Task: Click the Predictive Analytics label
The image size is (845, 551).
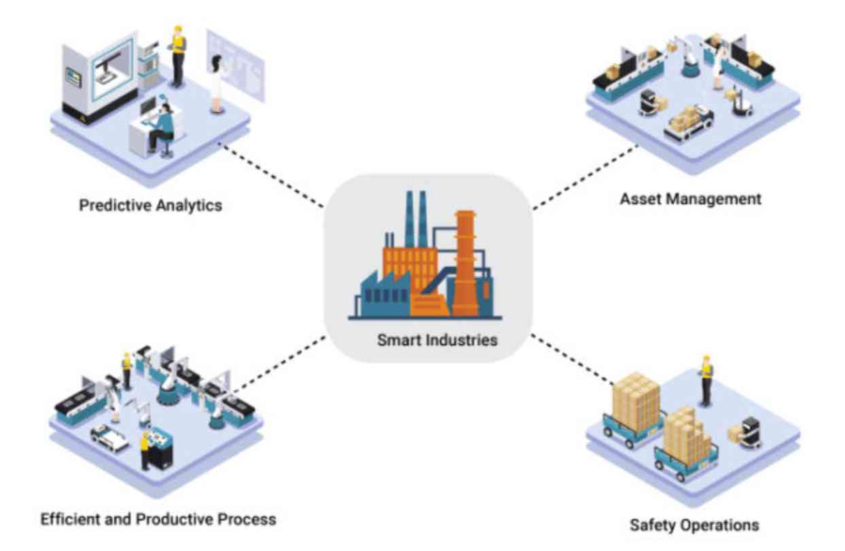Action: tap(150, 205)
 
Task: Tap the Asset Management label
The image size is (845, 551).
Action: tap(690, 199)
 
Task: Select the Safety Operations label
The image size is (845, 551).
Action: tap(694, 525)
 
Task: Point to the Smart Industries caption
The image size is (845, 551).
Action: tap(437, 339)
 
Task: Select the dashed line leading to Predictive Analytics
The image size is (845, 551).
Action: tap(272, 175)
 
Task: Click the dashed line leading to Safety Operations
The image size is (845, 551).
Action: tap(571, 356)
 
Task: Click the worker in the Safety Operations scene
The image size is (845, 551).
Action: tap(706, 380)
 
